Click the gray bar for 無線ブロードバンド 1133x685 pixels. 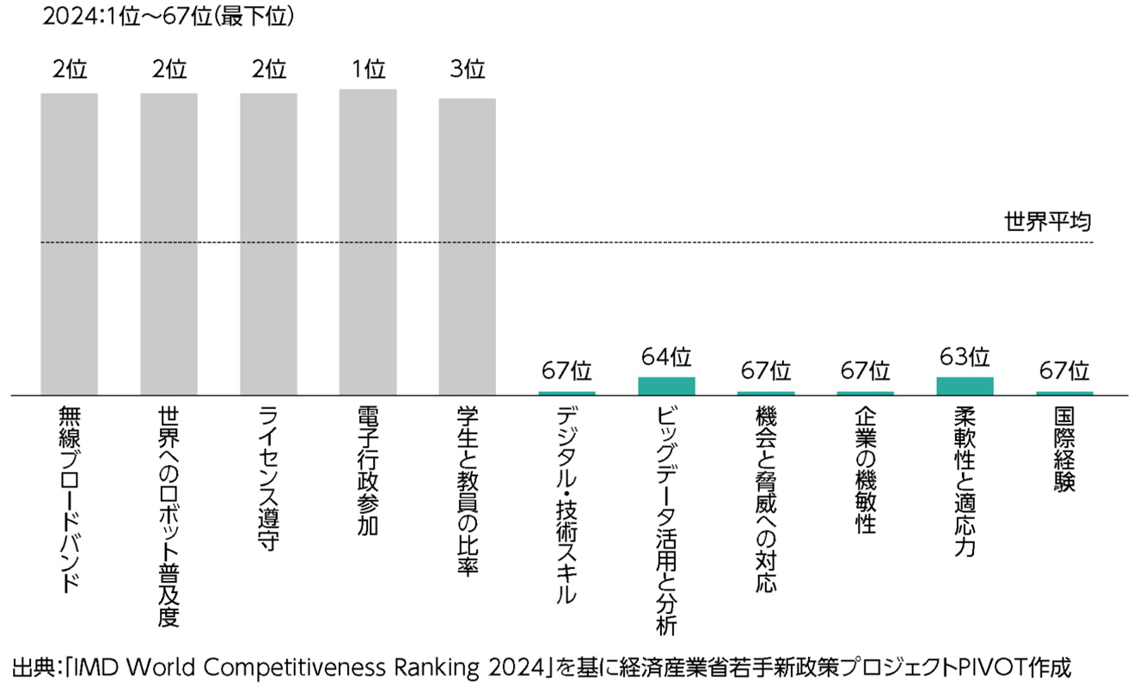click(x=69, y=244)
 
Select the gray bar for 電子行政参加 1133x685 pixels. click(x=368, y=242)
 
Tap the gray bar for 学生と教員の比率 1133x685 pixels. click(x=468, y=247)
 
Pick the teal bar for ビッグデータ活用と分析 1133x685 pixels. click(x=666, y=386)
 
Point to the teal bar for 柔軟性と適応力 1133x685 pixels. click(x=965, y=386)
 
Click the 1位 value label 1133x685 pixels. click(x=368, y=70)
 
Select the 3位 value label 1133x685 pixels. click(x=468, y=70)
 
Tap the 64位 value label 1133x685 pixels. click(x=666, y=356)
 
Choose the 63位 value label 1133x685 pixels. click(x=965, y=356)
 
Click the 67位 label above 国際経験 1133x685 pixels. click(x=1064, y=371)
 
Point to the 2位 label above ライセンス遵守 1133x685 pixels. click(x=268, y=70)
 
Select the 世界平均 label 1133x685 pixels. click(x=1048, y=222)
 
